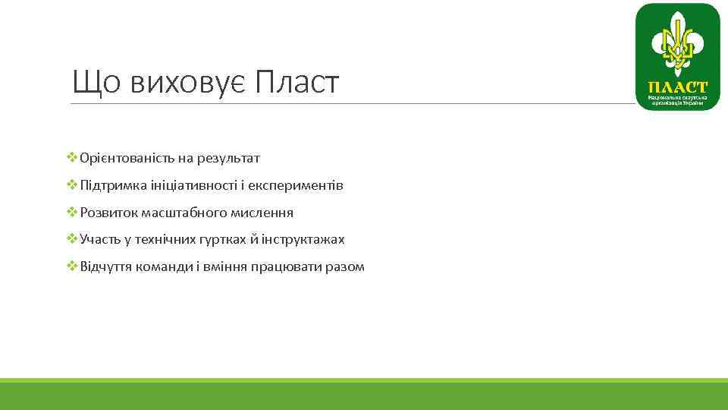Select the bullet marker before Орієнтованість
pyautogui.click(x=72, y=158)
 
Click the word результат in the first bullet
pyautogui.click(x=228, y=159)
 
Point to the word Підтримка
pyautogui.click(x=108, y=186)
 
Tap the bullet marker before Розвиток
pyautogui.click(x=72, y=213)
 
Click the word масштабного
pyautogui.click(x=171, y=213)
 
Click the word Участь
pyautogui.click(x=98, y=240)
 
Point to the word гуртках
pyautogui.click(x=227, y=240)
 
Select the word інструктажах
pyautogui.click(x=303, y=240)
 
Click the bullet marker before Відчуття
pyautogui.click(x=72, y=266)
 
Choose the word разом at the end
pyautogui.click(x=346, y=267)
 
